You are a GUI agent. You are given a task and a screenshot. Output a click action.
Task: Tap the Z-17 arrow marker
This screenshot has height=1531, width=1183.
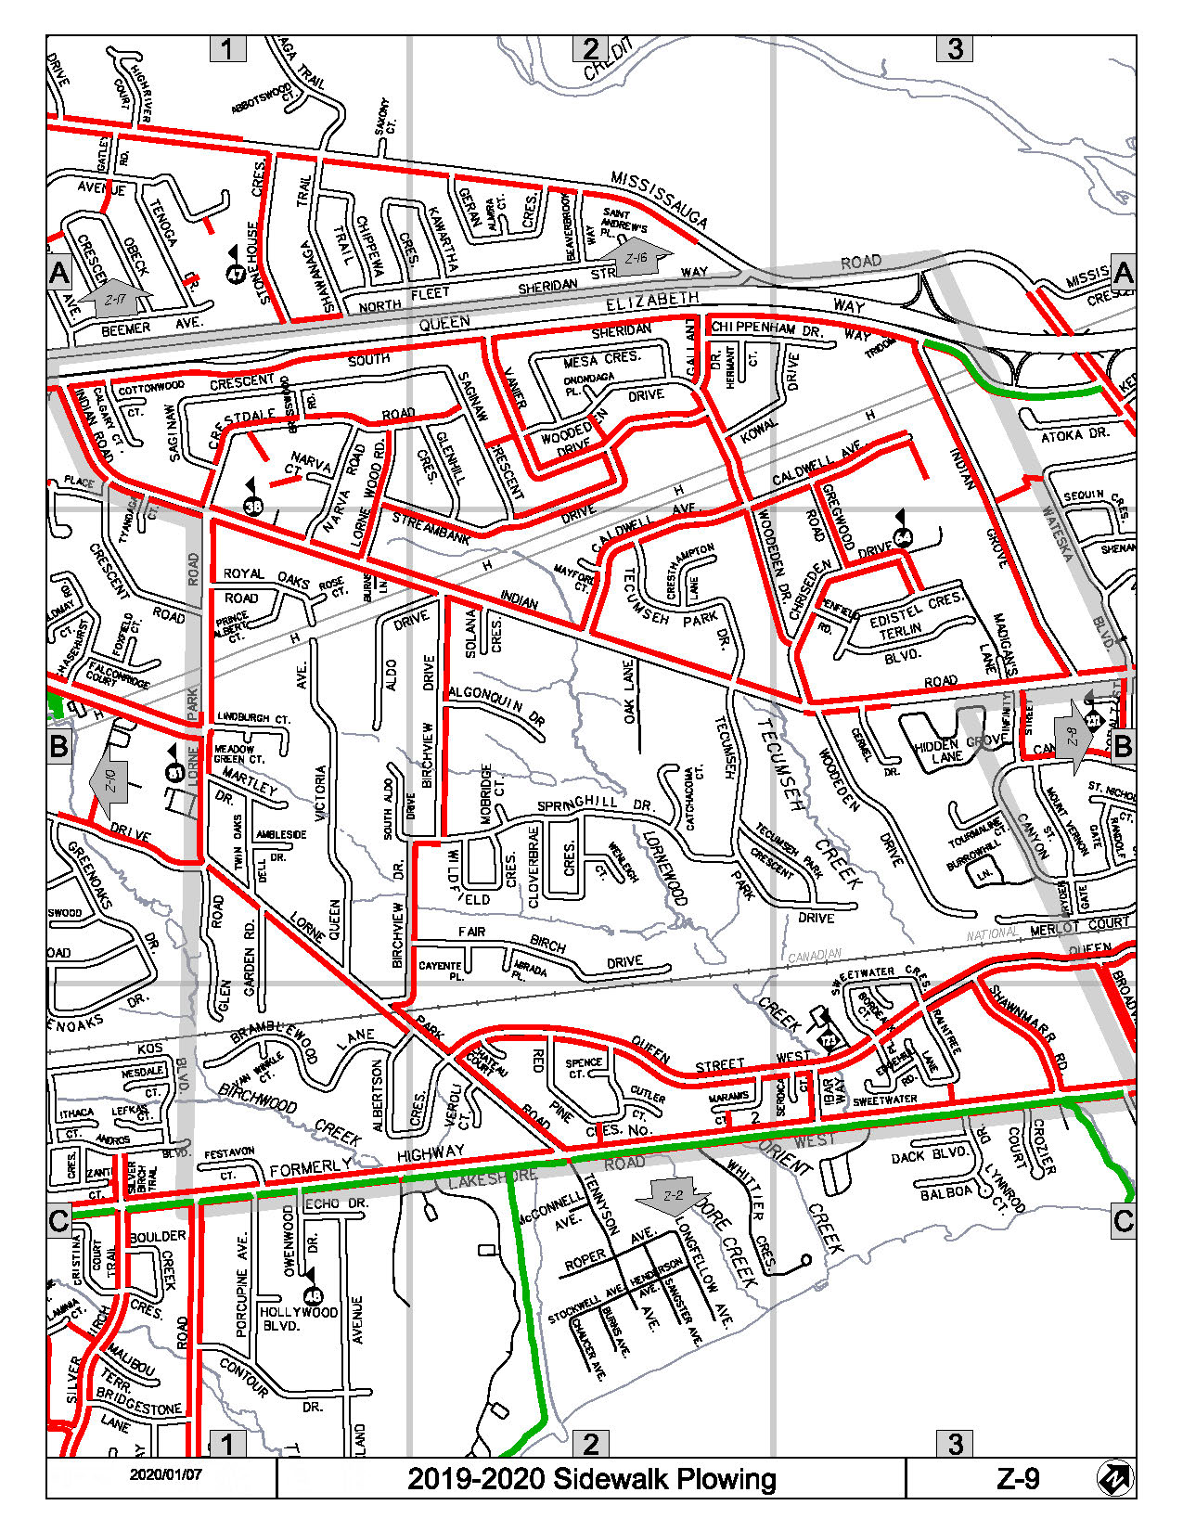coord(114,298)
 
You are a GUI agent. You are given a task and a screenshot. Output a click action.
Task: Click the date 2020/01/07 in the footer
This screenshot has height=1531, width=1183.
coord(165,1474)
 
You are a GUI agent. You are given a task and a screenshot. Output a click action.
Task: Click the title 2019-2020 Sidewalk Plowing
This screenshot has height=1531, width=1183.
coord(591,1478)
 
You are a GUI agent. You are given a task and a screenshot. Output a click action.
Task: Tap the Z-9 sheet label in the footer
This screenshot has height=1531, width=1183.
coord(1018,1478)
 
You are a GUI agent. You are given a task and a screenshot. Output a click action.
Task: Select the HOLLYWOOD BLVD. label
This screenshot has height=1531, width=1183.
coord(299,1319)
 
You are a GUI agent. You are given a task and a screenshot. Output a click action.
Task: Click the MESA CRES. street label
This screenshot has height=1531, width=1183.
coord(601,360)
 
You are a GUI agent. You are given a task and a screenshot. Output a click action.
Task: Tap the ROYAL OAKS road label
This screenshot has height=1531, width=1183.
coord(266,577)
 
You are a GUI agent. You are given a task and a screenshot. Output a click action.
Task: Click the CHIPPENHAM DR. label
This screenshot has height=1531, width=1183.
coord(766,328)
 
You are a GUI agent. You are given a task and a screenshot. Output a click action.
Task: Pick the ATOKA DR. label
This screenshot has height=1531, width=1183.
coord(1074,434)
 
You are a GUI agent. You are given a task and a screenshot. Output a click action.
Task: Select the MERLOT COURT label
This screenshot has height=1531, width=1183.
coord(1079,924)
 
